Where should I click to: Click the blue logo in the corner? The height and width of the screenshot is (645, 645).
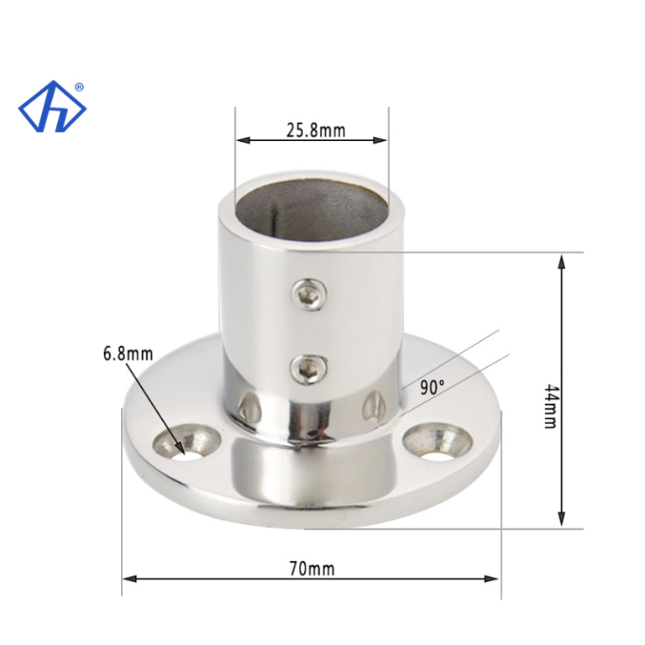click(x=52, y=107)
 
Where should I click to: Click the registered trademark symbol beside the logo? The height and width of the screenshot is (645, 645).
click(x=79, y=87)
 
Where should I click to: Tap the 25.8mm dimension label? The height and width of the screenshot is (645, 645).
click(x=315, y=130)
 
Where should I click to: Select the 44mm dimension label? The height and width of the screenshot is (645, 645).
click(x=550, y=406)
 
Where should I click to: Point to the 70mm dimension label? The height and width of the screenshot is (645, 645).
click(x=312, y=569)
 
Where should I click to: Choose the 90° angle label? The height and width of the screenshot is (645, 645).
click(x=432, y=387)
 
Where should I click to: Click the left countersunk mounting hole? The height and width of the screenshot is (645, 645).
click(x=188, y=441)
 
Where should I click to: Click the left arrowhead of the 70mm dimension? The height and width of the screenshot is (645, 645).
click(x=128, y=578)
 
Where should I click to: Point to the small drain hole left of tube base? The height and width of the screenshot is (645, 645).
click(x=245, y=409)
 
